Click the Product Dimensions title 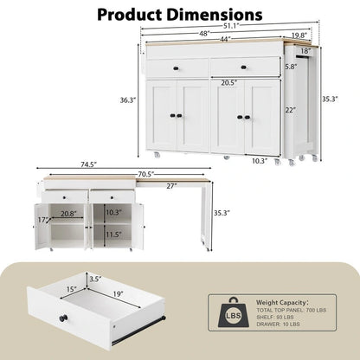tap(179, 15)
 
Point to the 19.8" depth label tap(299, 35)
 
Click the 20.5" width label tap(205, 84)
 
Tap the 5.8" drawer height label tap(292, 66)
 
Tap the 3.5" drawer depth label tap(96, 280)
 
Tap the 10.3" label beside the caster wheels tap(259, 160)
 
